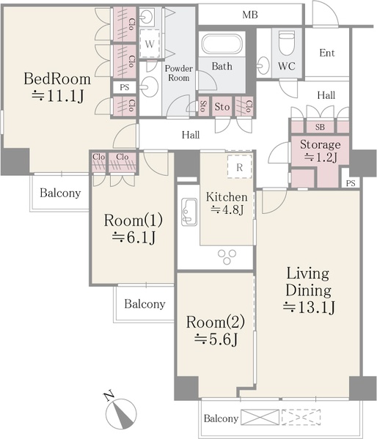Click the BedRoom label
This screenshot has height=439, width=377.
(x=57, y=79)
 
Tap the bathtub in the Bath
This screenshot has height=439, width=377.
(x=222, y=44)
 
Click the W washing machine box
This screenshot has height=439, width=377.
(x=150, y=44)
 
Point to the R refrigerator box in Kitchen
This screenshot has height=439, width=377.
(x=239, y=167)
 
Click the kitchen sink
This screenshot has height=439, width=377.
(x=189, y=212)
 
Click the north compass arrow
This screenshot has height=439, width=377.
(x=121, y=413)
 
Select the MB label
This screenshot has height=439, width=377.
(x=250, y=15)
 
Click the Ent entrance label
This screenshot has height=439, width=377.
(x=327, y=53)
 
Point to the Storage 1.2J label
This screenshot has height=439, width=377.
(x=321, y=151)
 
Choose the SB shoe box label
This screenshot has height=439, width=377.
(x=320, y=127)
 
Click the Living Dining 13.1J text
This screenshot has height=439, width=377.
(x=309, y=290)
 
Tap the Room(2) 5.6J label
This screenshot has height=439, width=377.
(x=216, y=331)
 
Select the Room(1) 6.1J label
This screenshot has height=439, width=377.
(x=133, y=229)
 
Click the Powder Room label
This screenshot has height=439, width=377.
(x=178, y=73)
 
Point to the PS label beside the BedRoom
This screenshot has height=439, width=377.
(x=125, y=87)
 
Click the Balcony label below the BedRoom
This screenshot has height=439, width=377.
(x=60, y=193)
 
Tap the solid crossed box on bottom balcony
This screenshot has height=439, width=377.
(x=260, y=417)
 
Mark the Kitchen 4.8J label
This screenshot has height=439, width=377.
(x=227, y=203)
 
